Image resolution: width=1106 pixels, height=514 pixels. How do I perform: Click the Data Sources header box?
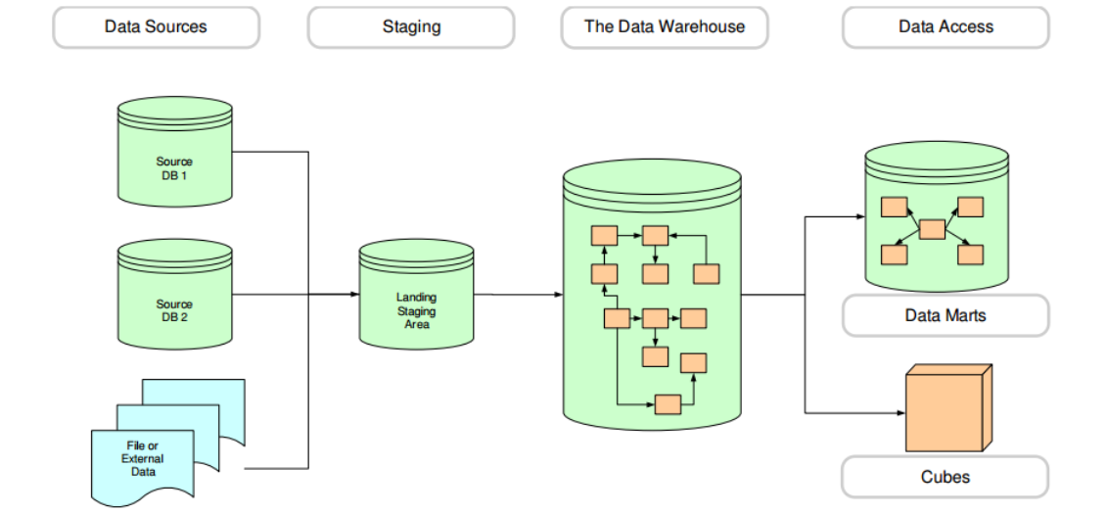[156, 27]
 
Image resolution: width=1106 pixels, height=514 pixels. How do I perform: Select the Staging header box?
[410, 27]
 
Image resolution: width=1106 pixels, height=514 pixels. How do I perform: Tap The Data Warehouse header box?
[664, 27]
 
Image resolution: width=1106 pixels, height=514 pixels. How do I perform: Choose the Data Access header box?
[945, 27]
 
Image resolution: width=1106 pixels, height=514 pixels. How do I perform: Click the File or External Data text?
[143, 458]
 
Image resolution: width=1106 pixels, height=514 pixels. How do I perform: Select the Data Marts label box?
[945, 316]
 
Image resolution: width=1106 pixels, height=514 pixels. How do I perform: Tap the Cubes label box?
[945, 477]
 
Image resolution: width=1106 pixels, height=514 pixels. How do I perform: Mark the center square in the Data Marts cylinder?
[933, 229]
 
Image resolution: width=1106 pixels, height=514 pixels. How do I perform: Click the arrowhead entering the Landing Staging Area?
[354, 294]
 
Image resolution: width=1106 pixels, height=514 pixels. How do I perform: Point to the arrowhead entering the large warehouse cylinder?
[559, 295]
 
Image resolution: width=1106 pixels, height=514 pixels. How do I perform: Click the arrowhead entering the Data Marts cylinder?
[860, 217]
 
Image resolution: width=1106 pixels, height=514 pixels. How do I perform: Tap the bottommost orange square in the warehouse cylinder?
[668, 403]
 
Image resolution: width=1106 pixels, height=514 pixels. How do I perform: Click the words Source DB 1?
[174, 167]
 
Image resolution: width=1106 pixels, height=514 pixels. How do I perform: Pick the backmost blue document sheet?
[210, 392]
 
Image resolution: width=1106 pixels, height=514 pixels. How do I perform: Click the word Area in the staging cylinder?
[417, 324]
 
